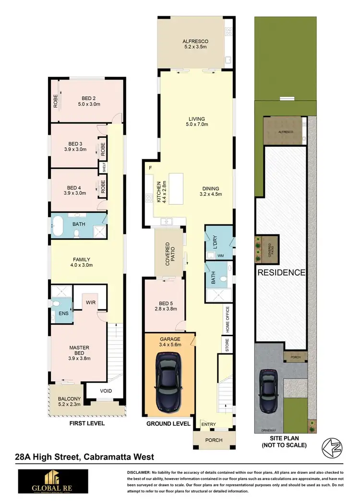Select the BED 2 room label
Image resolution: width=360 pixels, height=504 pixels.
pos(89,101)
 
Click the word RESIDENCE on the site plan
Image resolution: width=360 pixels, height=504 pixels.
pos(281,273)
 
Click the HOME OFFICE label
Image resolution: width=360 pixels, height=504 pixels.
pos(228,320)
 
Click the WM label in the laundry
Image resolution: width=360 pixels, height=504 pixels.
pos(220,256)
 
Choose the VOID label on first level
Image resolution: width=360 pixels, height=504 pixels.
pos(106,391)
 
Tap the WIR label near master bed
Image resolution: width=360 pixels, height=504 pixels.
pos(90,303)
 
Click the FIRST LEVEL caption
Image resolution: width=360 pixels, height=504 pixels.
pos(87,423)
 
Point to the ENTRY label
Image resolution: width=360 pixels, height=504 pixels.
pos(209,424)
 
